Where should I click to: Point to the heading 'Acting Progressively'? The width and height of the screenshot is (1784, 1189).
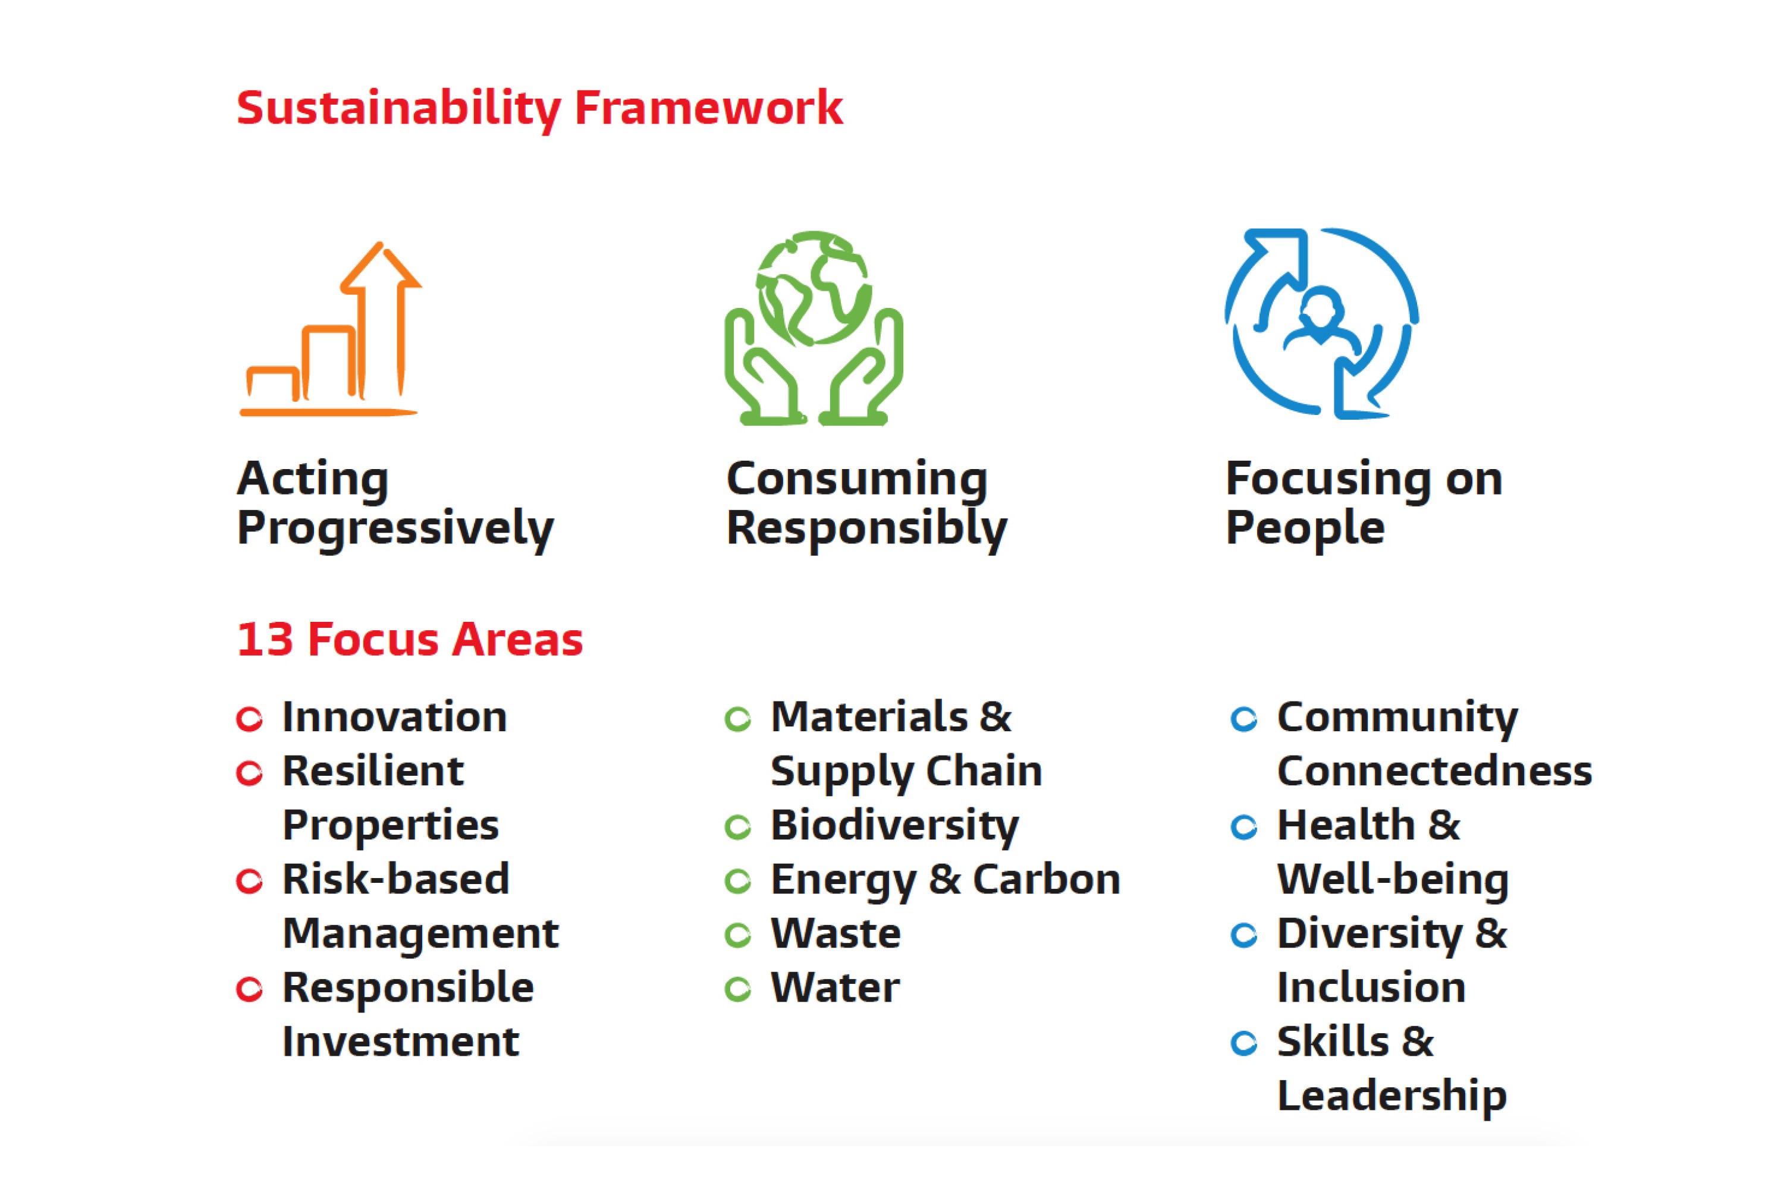pos(395,504)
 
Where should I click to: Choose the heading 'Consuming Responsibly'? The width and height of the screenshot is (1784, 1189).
pos(866,504)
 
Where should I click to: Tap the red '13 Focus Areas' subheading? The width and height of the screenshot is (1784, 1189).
pos(410,639)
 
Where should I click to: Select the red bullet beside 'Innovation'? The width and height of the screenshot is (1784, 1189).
pos(250,719)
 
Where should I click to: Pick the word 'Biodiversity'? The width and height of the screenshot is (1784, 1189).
pos(895,826)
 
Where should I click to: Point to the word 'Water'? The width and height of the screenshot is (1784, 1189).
pos(835,987)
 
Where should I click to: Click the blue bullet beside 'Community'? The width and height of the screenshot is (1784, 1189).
pos(1244,719)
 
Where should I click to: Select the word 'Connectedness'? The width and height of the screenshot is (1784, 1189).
pos(1434,771)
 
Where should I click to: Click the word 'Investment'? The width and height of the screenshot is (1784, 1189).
pos(400,1042)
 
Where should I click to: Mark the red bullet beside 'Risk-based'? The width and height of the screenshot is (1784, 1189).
pos(250,881)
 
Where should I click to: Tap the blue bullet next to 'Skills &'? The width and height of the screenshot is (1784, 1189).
pos(1244,1043)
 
